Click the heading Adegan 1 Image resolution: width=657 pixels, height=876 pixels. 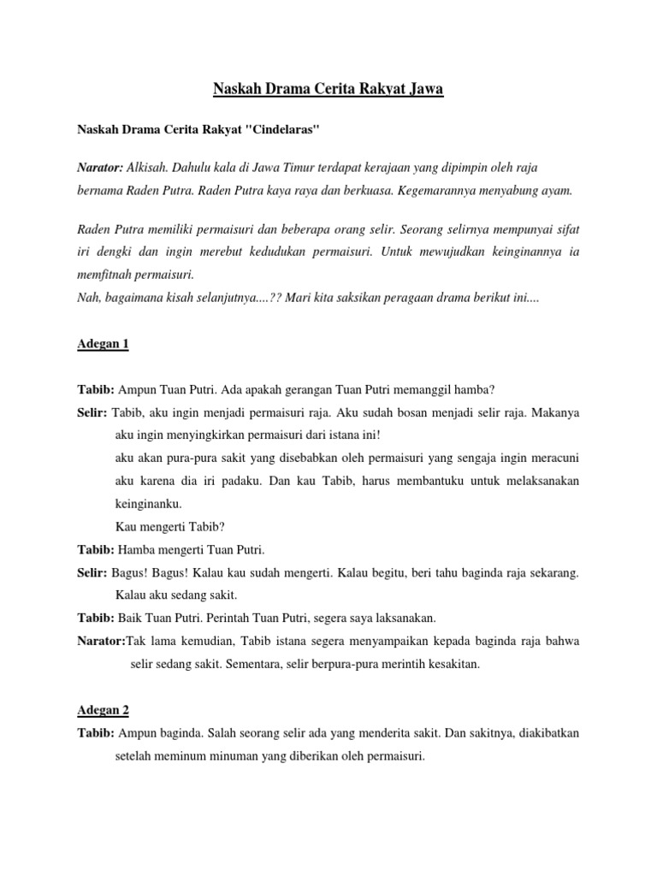coord(103,345)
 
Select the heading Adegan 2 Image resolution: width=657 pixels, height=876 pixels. coord(103,710)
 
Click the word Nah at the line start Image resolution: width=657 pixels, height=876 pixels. coord(88,298)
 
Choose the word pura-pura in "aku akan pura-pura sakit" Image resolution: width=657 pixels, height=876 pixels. coord(186,458)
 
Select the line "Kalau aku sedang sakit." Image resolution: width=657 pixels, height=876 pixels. coord(175,595)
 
